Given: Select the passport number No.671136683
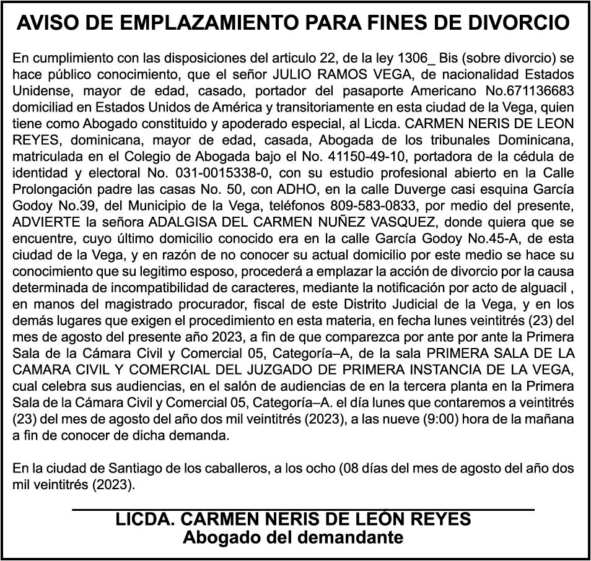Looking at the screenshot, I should (x=530, y=90).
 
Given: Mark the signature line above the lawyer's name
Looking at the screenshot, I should (x=303, y=510).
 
